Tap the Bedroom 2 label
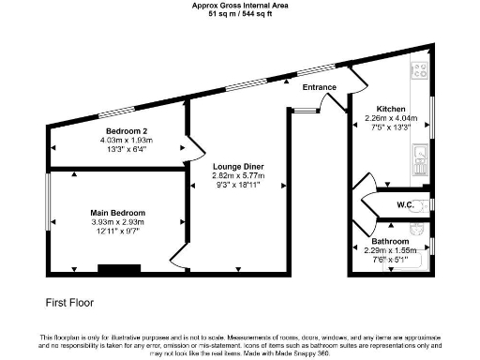click(x=127, y=129)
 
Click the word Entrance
click(x=319, y=87)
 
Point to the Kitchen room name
click(x=390, y=108)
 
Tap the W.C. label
click(x=407, y=204)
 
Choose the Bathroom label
click(x=391, y=240)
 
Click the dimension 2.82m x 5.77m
click(x=237, y=175)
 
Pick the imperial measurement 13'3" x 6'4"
click(x=127, y=147)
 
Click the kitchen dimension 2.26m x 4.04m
click(x=390, y=117)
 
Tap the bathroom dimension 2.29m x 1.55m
click(x=391, y=249)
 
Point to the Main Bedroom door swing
click(x=176, y=257)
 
